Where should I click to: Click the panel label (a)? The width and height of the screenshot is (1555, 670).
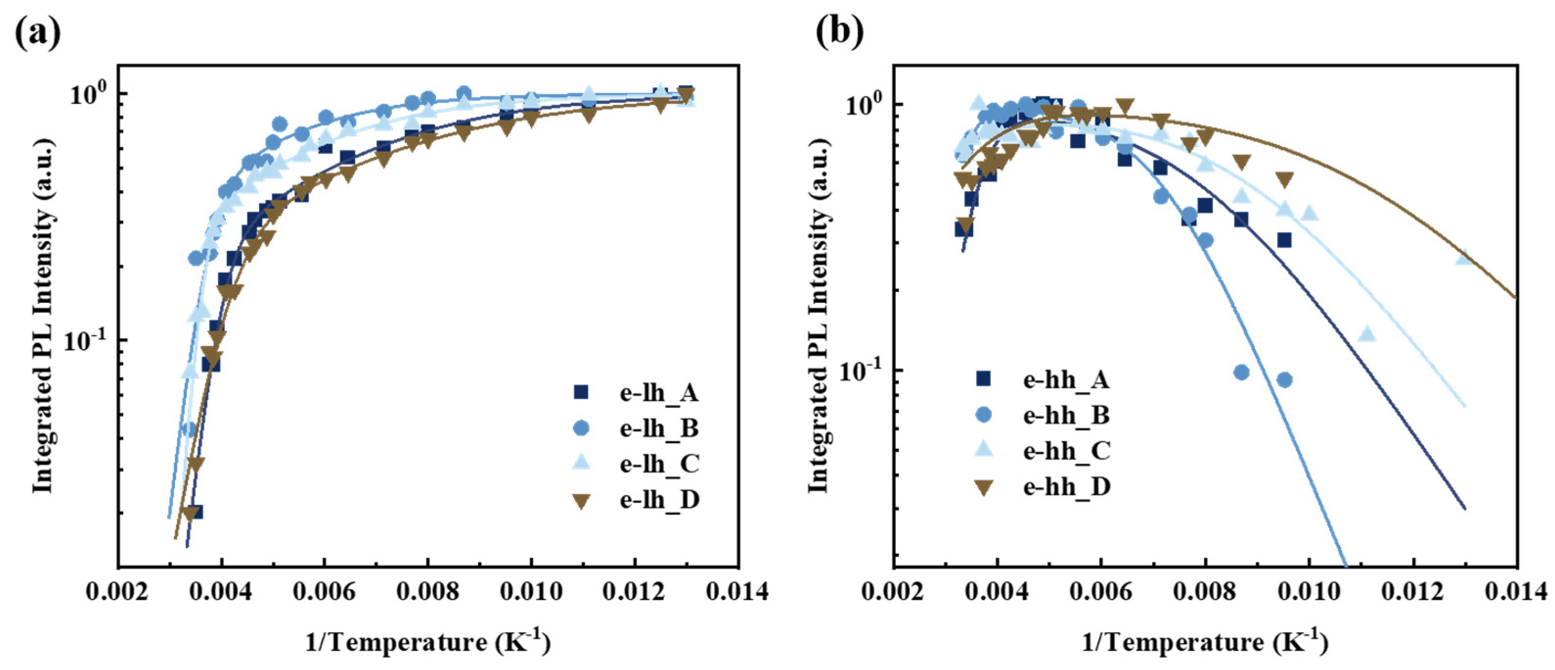[x=38, y=34]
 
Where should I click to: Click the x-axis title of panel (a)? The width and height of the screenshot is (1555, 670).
[x=428, y=642]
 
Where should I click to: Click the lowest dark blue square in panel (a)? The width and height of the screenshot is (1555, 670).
[x=195, y=512]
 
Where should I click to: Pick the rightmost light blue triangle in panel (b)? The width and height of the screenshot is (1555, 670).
[x=1463, y=257]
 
